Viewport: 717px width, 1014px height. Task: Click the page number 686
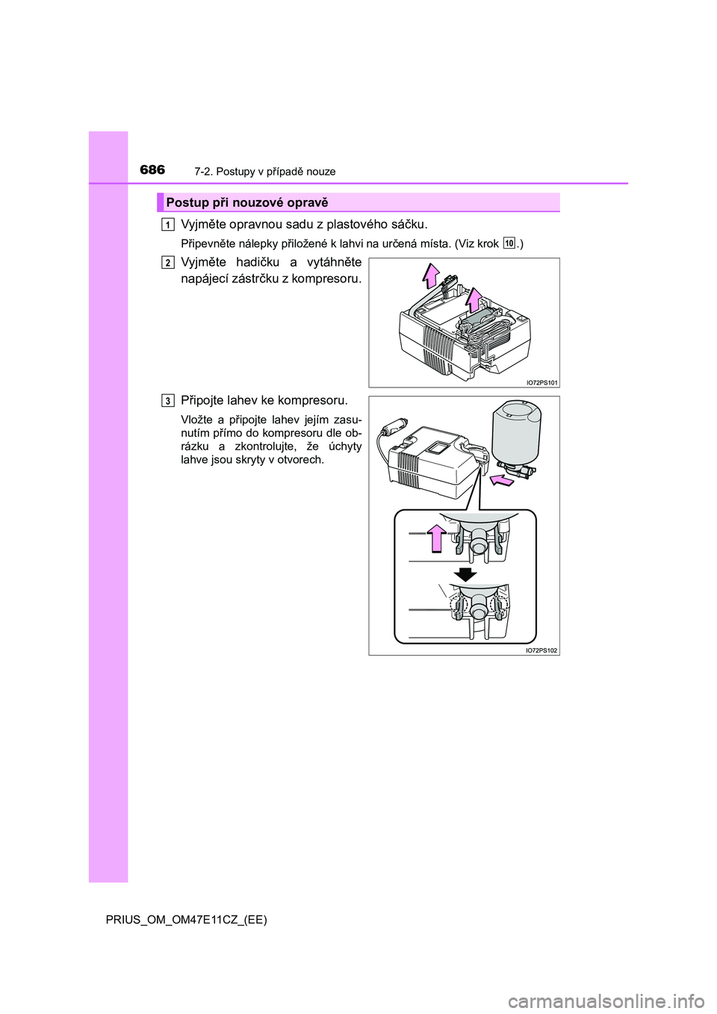click(152, 170)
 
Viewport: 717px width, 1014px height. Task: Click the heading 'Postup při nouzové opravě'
click(246, 203)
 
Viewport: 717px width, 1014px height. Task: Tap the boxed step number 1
click(167, 224)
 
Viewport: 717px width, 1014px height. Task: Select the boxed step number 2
click(167, 262)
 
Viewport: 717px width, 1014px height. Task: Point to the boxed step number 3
click(167, 401)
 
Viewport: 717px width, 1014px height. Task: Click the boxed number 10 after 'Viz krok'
click(509, 243)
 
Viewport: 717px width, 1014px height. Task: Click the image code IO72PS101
click(541, 383)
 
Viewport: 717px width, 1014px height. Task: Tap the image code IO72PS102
click(541, 650)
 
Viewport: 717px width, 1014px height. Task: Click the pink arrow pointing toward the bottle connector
click(503, 481)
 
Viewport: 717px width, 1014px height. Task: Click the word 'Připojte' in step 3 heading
click(202, 401)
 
